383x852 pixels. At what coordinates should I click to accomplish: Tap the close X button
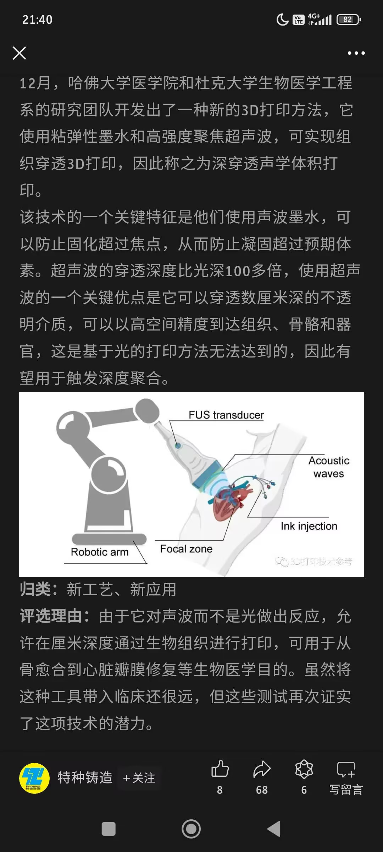click(x=19, y=53)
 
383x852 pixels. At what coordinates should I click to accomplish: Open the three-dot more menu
click(x=356, y=53)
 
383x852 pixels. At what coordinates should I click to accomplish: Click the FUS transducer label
click(x=226, y=415)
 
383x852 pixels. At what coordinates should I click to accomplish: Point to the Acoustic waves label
click(x=329, y=467)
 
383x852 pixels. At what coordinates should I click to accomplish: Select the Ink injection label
click(x=309, y=526)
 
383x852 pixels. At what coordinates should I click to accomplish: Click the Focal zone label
click(x=186, y=549)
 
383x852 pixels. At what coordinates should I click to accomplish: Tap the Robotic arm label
click(x=100, y=552)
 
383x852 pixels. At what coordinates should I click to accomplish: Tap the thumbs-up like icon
click(x=220, y=769)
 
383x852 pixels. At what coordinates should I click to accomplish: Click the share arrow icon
click(x=262, y=769)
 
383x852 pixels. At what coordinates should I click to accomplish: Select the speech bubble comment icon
click(x=346, y=769)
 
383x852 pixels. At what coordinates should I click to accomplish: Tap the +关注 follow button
click(x=139, y=778)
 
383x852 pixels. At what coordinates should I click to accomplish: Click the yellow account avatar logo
click(x=34, y=778)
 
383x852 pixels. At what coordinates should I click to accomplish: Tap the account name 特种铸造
click(x=85, y=777)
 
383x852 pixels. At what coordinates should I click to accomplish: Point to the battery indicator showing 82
click(x=349, y=20)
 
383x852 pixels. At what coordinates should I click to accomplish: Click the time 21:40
click(x=37, y=20)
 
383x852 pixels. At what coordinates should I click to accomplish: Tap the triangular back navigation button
click(x=274, y=829)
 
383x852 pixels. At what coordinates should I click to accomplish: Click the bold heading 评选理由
click(x=51, y=617)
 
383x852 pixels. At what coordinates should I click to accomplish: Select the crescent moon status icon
click(x=282, y=20)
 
